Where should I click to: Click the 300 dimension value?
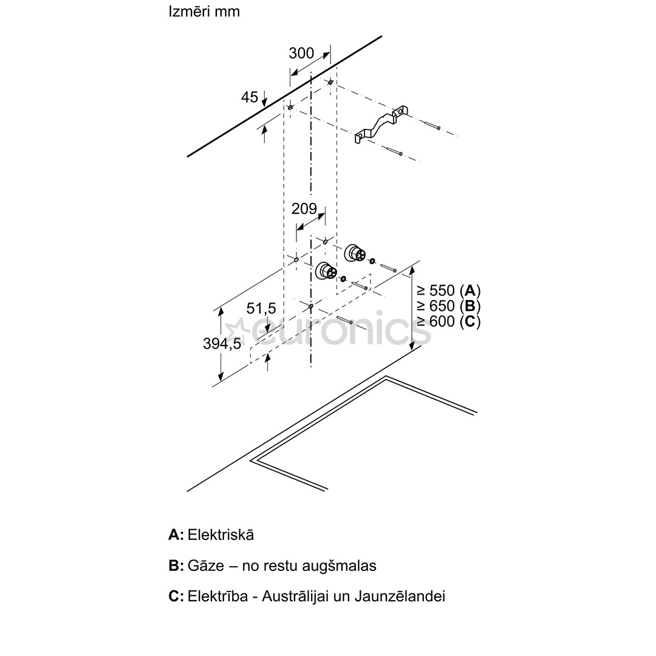[301, 53]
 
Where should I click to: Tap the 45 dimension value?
[250, 97]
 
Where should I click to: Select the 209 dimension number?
[304, 209]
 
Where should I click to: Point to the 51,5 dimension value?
[261, 309]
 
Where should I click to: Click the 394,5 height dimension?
[222, 344]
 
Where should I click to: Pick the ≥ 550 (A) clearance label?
[448, 290]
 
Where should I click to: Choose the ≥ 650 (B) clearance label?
[448, 306]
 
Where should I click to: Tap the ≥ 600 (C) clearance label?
[448, 321]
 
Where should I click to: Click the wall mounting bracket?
[379, 126]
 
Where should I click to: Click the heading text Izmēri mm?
[204, 12]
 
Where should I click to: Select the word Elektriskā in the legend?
[221, 535]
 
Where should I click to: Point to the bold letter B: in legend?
[176, 566]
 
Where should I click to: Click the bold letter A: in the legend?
[176, 535]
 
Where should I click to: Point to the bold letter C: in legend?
[176, 596]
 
